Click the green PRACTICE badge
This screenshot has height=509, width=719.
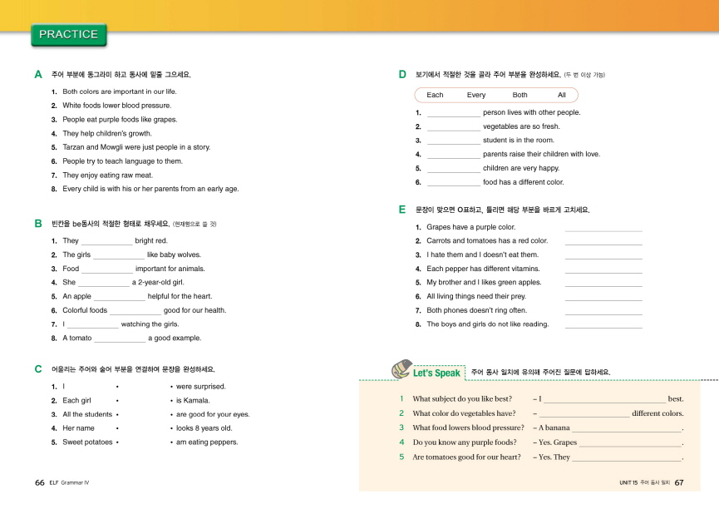[68, 35]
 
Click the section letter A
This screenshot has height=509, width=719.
[38, 75]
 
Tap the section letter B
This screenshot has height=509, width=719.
[38, 224]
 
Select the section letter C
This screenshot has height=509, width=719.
[38, 368]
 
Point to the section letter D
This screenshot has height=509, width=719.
[402, 75]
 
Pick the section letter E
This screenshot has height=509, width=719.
[402, 210]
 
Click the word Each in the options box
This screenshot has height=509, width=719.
[435, 95]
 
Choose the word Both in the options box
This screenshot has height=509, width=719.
[520, 95]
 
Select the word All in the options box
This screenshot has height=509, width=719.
[562, 95]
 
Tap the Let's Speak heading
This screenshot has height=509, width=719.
[436, 373]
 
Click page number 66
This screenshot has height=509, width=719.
[39, 482]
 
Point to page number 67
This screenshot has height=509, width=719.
[678, 482]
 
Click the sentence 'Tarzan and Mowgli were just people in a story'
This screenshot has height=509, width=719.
[136, 147]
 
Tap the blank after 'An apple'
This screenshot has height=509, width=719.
[120, 296]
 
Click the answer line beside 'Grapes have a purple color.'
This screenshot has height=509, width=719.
[603, 228]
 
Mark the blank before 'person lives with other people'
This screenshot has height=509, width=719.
[453, 112]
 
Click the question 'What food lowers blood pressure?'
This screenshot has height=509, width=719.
[468, 427]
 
